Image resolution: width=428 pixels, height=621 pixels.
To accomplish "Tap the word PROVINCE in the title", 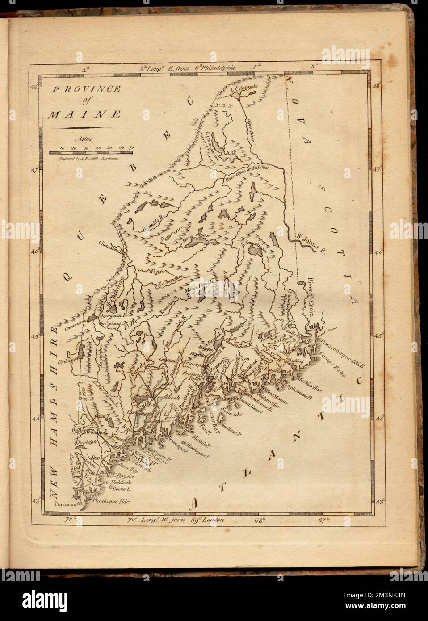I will tap(85, 89).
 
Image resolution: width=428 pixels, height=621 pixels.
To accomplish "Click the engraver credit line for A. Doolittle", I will tap(84, 158).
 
